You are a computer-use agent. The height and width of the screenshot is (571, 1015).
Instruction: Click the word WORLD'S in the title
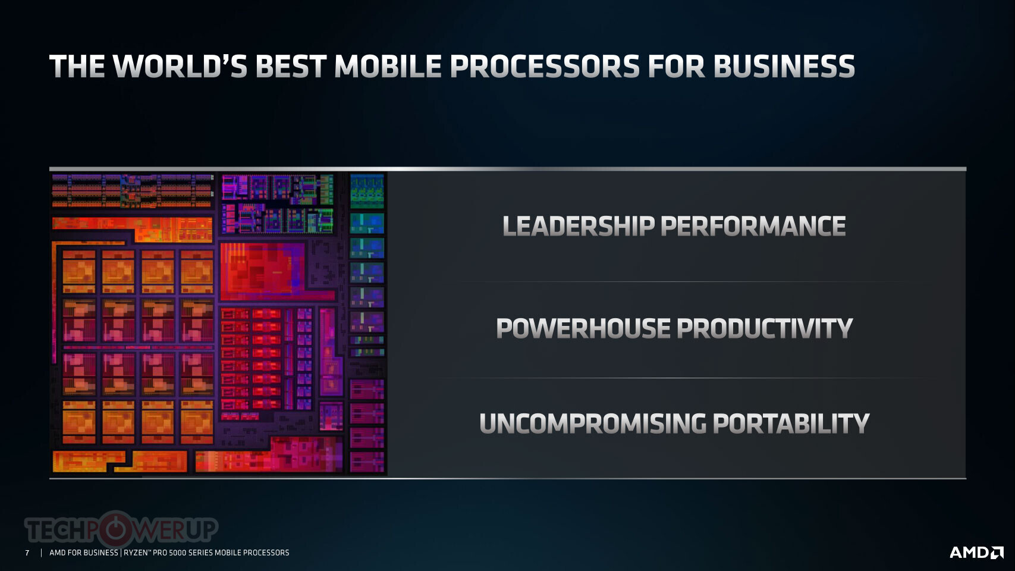[x=180, y=66]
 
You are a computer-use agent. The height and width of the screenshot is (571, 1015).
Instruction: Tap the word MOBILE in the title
[x=388, y=66]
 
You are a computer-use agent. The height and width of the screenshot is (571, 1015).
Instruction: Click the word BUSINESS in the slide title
[x=784, y=66]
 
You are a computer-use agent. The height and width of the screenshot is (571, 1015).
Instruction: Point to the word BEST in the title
[x=291, y=66]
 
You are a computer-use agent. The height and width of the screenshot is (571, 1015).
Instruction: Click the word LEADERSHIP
[x=578, y=225]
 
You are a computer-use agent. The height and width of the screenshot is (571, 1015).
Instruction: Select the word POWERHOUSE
[x=583, y=328]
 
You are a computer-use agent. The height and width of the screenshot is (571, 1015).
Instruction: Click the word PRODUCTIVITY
[x=765, y=328]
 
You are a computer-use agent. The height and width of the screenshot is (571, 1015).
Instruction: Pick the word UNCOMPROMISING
[x=593, y=423]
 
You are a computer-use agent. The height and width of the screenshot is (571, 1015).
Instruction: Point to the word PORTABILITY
[x=791, y=423]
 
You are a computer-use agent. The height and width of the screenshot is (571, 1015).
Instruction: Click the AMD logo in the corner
[x=976, y=553]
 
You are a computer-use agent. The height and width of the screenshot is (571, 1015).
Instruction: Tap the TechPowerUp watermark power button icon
[x=115, y=529]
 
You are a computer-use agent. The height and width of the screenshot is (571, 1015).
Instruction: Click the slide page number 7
[x=27, y=553]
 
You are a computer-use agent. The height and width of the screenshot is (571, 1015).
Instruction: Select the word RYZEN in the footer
[x=135, y=553]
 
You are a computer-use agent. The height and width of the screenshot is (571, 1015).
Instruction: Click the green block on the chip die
[x=367, y=191]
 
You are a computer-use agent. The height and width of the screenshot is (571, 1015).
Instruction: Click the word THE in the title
[x=77, y=66]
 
